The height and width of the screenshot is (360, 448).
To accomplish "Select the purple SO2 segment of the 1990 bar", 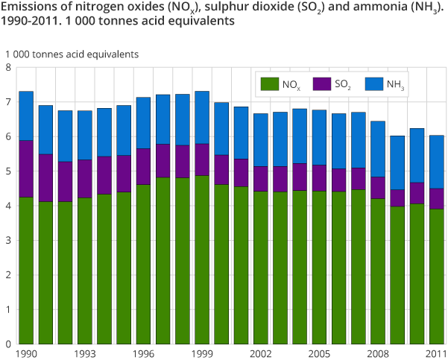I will click(25, 168).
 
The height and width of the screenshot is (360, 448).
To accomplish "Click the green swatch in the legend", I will click(268, 84).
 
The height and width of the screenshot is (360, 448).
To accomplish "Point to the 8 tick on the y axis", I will click(8, 68).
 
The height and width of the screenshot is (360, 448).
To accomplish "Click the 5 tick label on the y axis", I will click(8, 171).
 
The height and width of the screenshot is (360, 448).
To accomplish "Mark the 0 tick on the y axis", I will click(8, 344).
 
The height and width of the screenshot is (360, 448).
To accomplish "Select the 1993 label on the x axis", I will click(84, 353).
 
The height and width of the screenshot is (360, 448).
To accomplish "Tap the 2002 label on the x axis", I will click(261, 353).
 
